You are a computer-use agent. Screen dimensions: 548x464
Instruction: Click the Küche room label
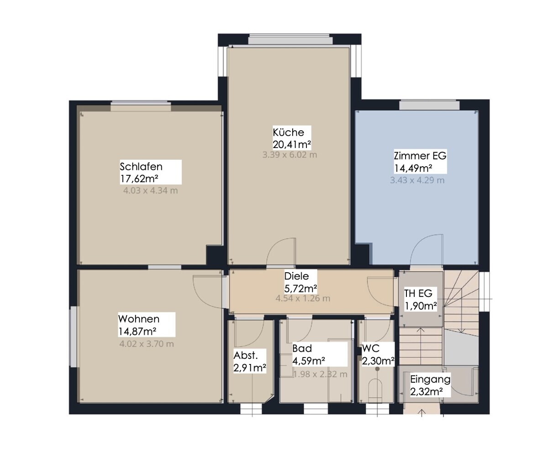(289, 132)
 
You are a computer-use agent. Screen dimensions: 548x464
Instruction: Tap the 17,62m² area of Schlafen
(139, 179)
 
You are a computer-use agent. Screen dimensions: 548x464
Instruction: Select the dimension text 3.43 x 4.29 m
(417, 180)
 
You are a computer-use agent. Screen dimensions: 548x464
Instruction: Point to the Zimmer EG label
(420, 156)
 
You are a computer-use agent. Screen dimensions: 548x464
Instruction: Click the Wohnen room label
(139, 319)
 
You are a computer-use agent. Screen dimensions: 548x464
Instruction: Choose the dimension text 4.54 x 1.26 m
(303, 299)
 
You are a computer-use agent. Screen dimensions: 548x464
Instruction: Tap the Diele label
(296, 276)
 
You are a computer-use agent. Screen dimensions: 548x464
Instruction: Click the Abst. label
(246, 356)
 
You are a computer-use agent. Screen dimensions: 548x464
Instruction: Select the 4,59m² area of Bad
(309, 361)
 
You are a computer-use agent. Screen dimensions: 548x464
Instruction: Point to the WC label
(371, 348)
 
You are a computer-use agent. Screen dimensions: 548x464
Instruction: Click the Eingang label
(430, 380)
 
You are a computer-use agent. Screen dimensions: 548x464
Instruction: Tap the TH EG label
(418, 294)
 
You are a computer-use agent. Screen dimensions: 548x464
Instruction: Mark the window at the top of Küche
(290, 40)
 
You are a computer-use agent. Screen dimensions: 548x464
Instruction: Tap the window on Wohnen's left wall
(74, 337)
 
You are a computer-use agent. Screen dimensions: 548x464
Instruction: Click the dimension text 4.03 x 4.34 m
(150, 190)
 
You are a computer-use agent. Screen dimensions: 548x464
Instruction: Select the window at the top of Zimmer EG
(429, 105)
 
